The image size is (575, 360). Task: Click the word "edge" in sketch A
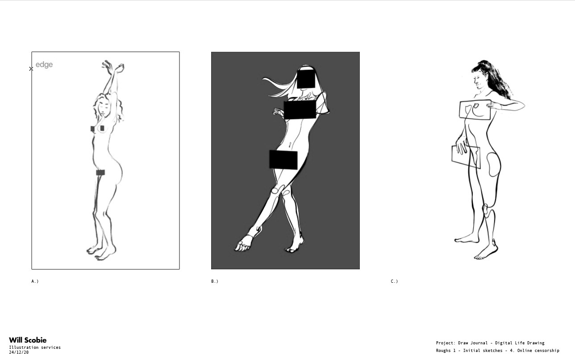(x=44, y=64)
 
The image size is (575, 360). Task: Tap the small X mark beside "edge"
(x=31, y=69)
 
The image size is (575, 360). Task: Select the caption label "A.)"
(x=35, y=281)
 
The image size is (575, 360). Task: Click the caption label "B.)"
(x=215, y=281)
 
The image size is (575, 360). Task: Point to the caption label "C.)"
(x=394, y=281)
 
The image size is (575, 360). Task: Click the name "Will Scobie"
(x=28, y=340)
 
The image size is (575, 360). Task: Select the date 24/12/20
(x=19, y=352)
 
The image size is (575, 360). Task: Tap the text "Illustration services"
(x=35, y=347)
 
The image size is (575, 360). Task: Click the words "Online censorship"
(x=538, y=351)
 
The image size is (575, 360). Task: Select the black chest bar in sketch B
(x=300, y=109)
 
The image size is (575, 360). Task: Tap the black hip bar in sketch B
(x=283, y=160)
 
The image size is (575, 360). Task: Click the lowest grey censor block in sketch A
(x=100, y=172)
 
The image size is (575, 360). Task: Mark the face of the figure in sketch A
(x=104, y=109)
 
